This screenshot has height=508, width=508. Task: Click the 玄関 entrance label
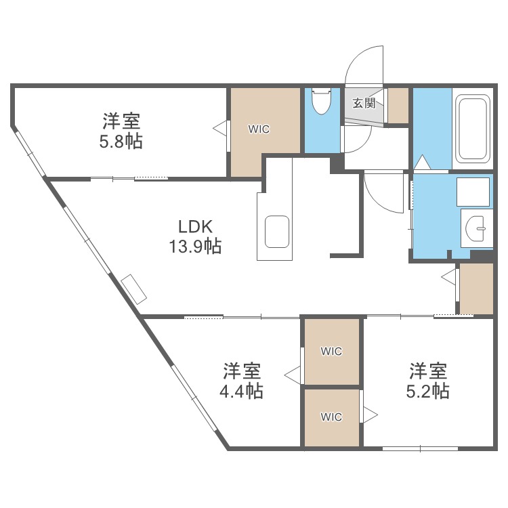(x=364, y=104)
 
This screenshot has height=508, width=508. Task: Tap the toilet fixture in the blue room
(x=321, y=100)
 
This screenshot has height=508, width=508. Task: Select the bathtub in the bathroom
(x=472, y=129)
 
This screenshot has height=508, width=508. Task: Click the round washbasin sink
(x=475, y=228)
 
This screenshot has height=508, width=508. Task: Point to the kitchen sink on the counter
(x=277, y=232)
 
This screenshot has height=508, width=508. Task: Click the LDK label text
(x=195, y=227)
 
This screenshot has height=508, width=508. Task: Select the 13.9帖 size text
(x=195, y=247)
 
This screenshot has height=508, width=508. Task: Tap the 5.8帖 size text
(x=121, y=142)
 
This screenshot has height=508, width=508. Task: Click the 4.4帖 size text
(x=241, y=391)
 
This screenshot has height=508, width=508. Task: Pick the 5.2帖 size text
(x=427, y=391)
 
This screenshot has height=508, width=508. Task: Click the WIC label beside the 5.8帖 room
(x=259, y=129)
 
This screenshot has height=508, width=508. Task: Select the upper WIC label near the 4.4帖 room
(x=331, y=351)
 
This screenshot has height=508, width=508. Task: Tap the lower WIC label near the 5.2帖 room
(x=331, y=417)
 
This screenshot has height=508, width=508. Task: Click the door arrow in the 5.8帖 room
(x=220, y=128)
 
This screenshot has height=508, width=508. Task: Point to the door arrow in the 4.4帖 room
(x=292, y=375)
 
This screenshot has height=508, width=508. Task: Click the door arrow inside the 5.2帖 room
(x=370, y=415)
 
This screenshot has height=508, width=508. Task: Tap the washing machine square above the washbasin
(x=473, y=192)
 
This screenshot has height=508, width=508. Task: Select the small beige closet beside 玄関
(x=398, y=106)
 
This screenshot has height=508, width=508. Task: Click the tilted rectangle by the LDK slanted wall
(x=134, y=289)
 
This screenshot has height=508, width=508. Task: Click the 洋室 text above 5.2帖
(x=428, y=371)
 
